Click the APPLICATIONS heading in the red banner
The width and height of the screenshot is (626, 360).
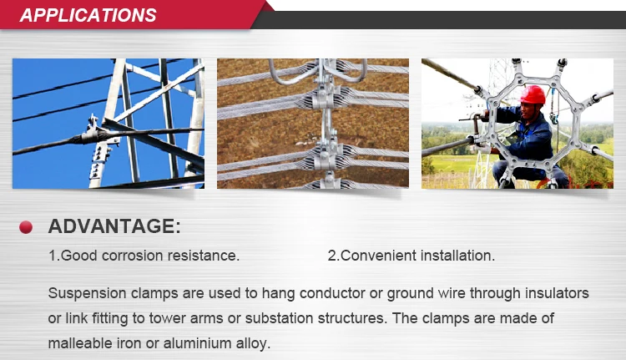click(x=88, y=15)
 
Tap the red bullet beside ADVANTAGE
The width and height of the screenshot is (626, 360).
click(x=26, y=227)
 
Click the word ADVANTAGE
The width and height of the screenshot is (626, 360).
click(x=111, y=226)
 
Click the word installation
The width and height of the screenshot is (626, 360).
click(x=457, y=256)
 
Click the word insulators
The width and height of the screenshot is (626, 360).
click(x=557, y=293)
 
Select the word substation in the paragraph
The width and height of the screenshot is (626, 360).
click(x=279, y=318)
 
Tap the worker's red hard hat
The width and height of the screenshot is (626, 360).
click(x=533, y=95)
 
